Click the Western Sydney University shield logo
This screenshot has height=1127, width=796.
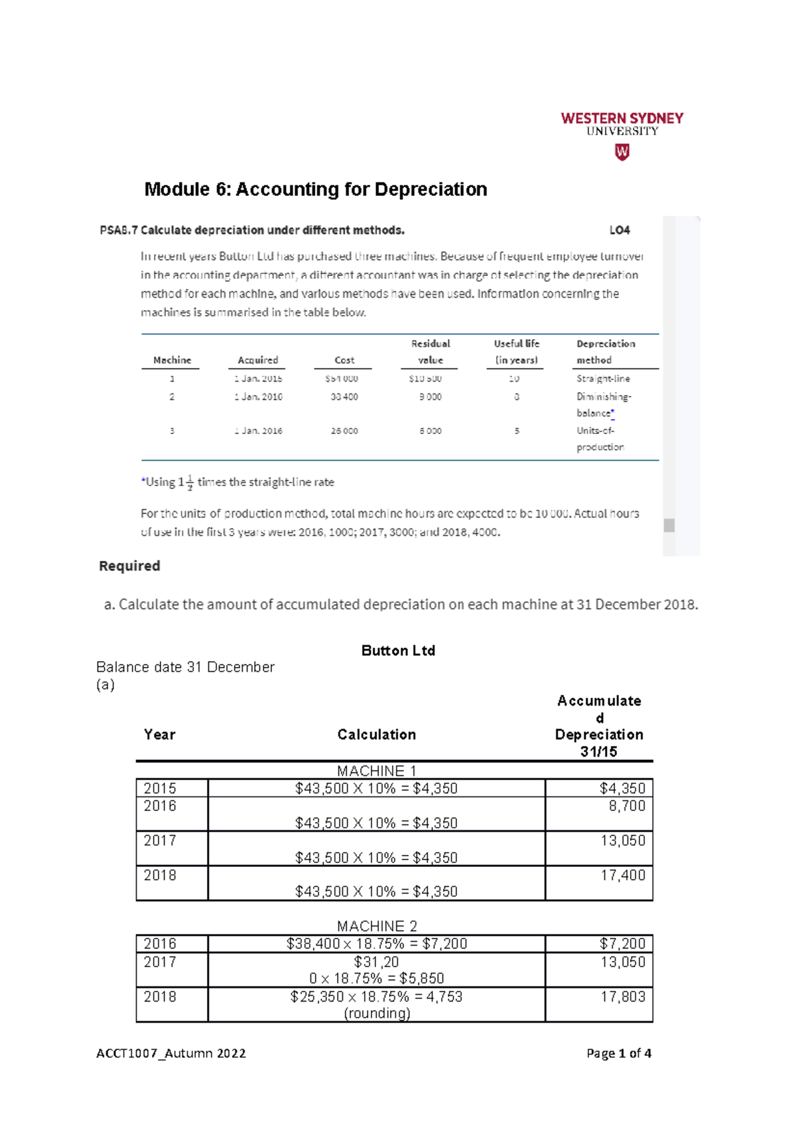pyautogui.click(x=622, y=153)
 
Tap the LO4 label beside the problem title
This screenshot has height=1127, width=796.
pyautogui.click(x=619, y=230)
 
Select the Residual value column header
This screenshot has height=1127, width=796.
pyautogui.click(x=431, y=352)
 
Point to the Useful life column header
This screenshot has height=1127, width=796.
pyautogui.click(x=516, y=352)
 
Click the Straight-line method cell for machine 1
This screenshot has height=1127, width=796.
pyautogui.click(x=603, y=378)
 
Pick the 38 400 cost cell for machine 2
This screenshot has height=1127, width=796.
pyautogui.click(x=344, y=396)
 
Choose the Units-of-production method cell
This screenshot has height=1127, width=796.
pyautogui.click(x=600, y=439)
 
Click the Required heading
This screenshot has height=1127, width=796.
pyautogui.click(x=129, y=566)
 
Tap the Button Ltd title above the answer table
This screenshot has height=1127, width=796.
pyautogui.click(x=398, y=650)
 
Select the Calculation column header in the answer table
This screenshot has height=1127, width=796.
pyautogui.click(x=376, y=735)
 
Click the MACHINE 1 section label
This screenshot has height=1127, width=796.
pyautogui.click(x=376, y=771)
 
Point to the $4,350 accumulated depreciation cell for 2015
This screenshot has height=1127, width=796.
pyautogui.click(x=622, y=789)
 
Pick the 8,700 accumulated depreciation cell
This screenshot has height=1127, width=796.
pyautogui.click(x=627, y=806)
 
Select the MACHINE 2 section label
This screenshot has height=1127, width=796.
pyautogui.click(x=376, y=926)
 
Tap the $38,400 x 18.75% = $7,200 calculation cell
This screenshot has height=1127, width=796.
pyautogui.click(x=376, y=944)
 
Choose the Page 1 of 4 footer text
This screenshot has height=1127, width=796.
pyautogui.click(x=618, y=1053)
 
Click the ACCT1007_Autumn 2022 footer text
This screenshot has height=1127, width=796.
pyautogui.click(x=170, y=1053)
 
